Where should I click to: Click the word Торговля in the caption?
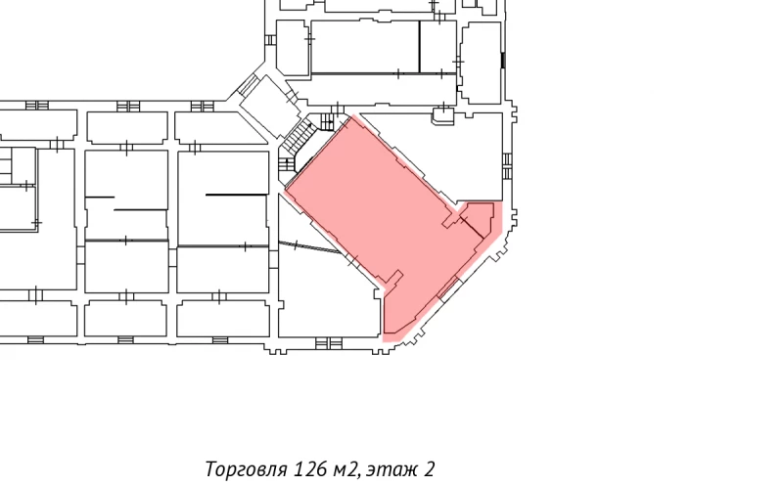point(246,469)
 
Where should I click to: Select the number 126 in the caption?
point(310,469)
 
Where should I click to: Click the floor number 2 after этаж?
point(430,469)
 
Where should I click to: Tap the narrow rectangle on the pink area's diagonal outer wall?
point(449,288)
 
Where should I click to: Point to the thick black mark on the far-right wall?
point(503,60)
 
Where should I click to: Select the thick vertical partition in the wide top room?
point(420,46)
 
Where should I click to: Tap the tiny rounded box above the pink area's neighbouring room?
point(442,115)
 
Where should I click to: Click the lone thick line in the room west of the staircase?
point(236,195)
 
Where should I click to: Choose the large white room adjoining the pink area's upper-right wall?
point(460,156)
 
